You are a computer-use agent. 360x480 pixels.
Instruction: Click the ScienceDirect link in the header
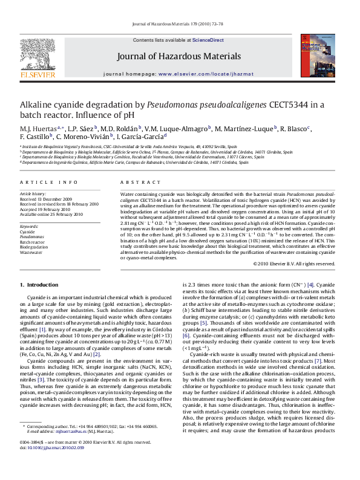pyautogui.click(x=208, y=40)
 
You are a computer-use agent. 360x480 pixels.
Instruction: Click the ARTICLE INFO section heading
pyautogui.click(x=48, y=182)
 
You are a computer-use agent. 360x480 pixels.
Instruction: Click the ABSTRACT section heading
pyautogui.click(x=133, y=182)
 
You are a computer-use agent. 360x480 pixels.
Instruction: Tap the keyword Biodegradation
pyautogui.click(x=34, y=247)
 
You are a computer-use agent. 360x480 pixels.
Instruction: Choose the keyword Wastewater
pyautogui.click(x=31, y=253)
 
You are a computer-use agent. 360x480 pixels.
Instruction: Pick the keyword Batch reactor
pyautogui.click(x=33, y=242)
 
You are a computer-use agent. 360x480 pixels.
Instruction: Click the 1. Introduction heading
pyautogui.click(x=39, y=285)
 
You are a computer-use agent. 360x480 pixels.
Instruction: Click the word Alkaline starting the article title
pyautogui.click(x=36, y=104)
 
